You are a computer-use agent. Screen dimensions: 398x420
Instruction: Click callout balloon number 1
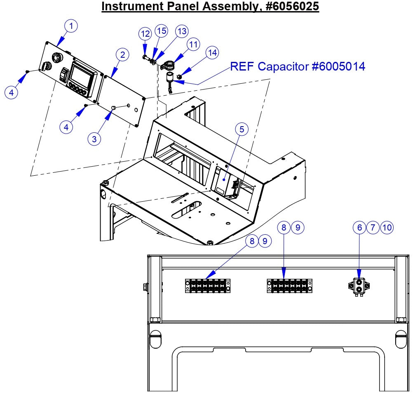pyautogui.click(x=71, y=26)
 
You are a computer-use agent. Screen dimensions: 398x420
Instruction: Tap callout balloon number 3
pyautogui.click(x=94, y=139)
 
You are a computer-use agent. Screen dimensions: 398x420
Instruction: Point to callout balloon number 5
pyautogui.click(x=242, y=129)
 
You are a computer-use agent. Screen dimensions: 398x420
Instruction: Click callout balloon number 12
pyautogui.click(x=145, y=33)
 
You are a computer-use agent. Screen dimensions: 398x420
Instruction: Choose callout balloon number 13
pyautogui.click(x=181, y=31)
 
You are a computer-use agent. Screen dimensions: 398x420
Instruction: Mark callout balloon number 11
pyautogui.click(x=192, y=44)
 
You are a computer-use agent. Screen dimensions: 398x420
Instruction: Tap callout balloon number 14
pyautogui.click(x=212, y=53)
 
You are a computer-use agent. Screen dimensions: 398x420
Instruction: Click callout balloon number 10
pyautogui.click(x=387, y=227)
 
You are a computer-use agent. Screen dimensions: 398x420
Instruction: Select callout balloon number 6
pyautogui.click(x=359, y=227)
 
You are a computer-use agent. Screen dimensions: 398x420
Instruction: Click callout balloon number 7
pyautogui.click(x=373, y=227)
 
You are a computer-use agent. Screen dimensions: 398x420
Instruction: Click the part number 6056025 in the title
pyautogui.click(x=291, y=7)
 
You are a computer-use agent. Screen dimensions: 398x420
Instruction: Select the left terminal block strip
pyautogui.click(x=207, y=285)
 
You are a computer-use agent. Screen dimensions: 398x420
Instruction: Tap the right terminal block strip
pyautogui.click(x=289, y=286)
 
